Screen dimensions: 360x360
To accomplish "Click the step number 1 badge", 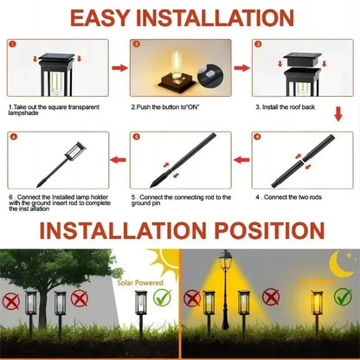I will [x=12, y=43].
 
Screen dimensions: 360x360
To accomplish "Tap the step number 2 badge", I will [x=136, y=43].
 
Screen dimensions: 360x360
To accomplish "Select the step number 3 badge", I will [x=258, y=43].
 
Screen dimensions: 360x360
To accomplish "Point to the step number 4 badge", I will [x=258, y=137].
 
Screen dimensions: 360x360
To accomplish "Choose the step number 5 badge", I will [x=136, y=137].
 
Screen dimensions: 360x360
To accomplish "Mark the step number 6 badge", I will [x=12, y=137].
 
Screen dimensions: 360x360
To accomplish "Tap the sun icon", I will [x=162, y=261].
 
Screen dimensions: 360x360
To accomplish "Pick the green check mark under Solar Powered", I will [x=161, y=300].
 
